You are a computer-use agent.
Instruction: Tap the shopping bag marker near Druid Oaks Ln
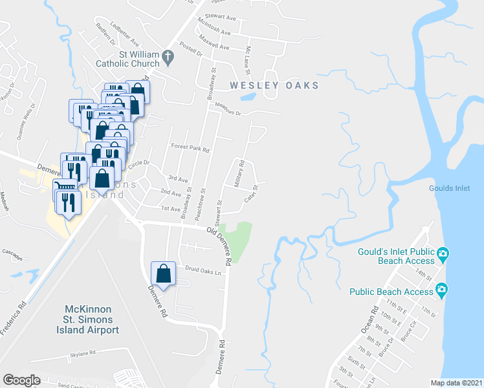tap(163, 274)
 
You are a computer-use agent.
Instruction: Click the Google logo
tap(21, 380)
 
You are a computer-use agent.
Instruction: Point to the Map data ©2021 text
tap(456, 383)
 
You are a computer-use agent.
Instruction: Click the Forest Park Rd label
tap(190, 148)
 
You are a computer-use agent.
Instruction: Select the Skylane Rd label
tap(82, 353)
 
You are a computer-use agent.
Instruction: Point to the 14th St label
tap(424, 274)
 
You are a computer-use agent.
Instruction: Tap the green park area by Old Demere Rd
tap(241, 241)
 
